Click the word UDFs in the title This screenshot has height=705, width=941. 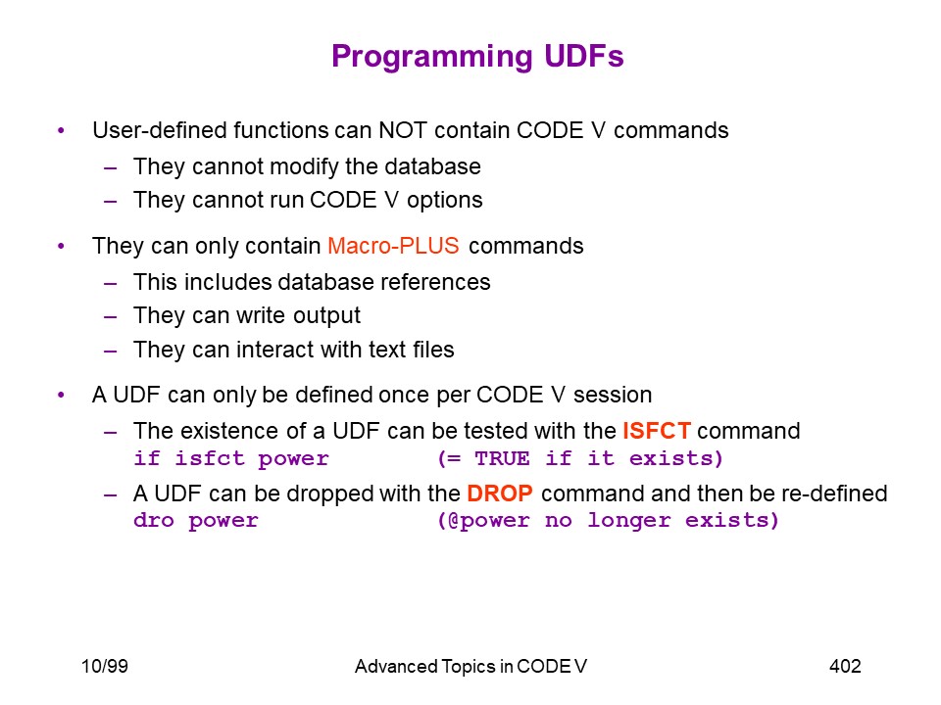[584, 56]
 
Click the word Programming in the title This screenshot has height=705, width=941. [432, 58]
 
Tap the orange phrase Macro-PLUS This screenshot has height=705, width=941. [393, 246]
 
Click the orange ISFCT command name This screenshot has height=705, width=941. [657, 431]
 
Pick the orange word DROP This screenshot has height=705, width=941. [500, 493]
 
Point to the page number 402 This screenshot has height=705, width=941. [845, 666]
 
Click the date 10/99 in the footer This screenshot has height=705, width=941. [105, 666]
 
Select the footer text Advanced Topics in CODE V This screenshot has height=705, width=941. [470, 666]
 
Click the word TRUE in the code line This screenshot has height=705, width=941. [502, 458]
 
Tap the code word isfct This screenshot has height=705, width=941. [210, 458]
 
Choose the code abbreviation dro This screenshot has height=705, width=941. [154, 520]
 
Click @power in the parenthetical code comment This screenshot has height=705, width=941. [488, 521]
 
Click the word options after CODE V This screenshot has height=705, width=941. [445, 200]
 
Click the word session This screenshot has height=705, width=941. [612, 395]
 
